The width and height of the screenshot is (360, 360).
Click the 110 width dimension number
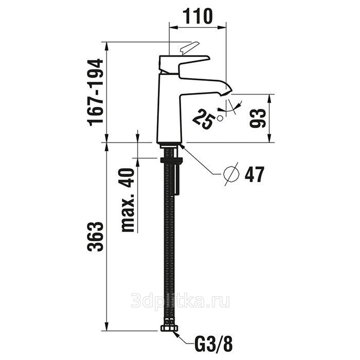coord(198,16)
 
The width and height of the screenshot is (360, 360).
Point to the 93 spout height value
coord(258,118)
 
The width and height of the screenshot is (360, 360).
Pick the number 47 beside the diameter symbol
coord(255,174)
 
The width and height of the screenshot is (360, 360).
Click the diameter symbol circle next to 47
coord(231,174)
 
